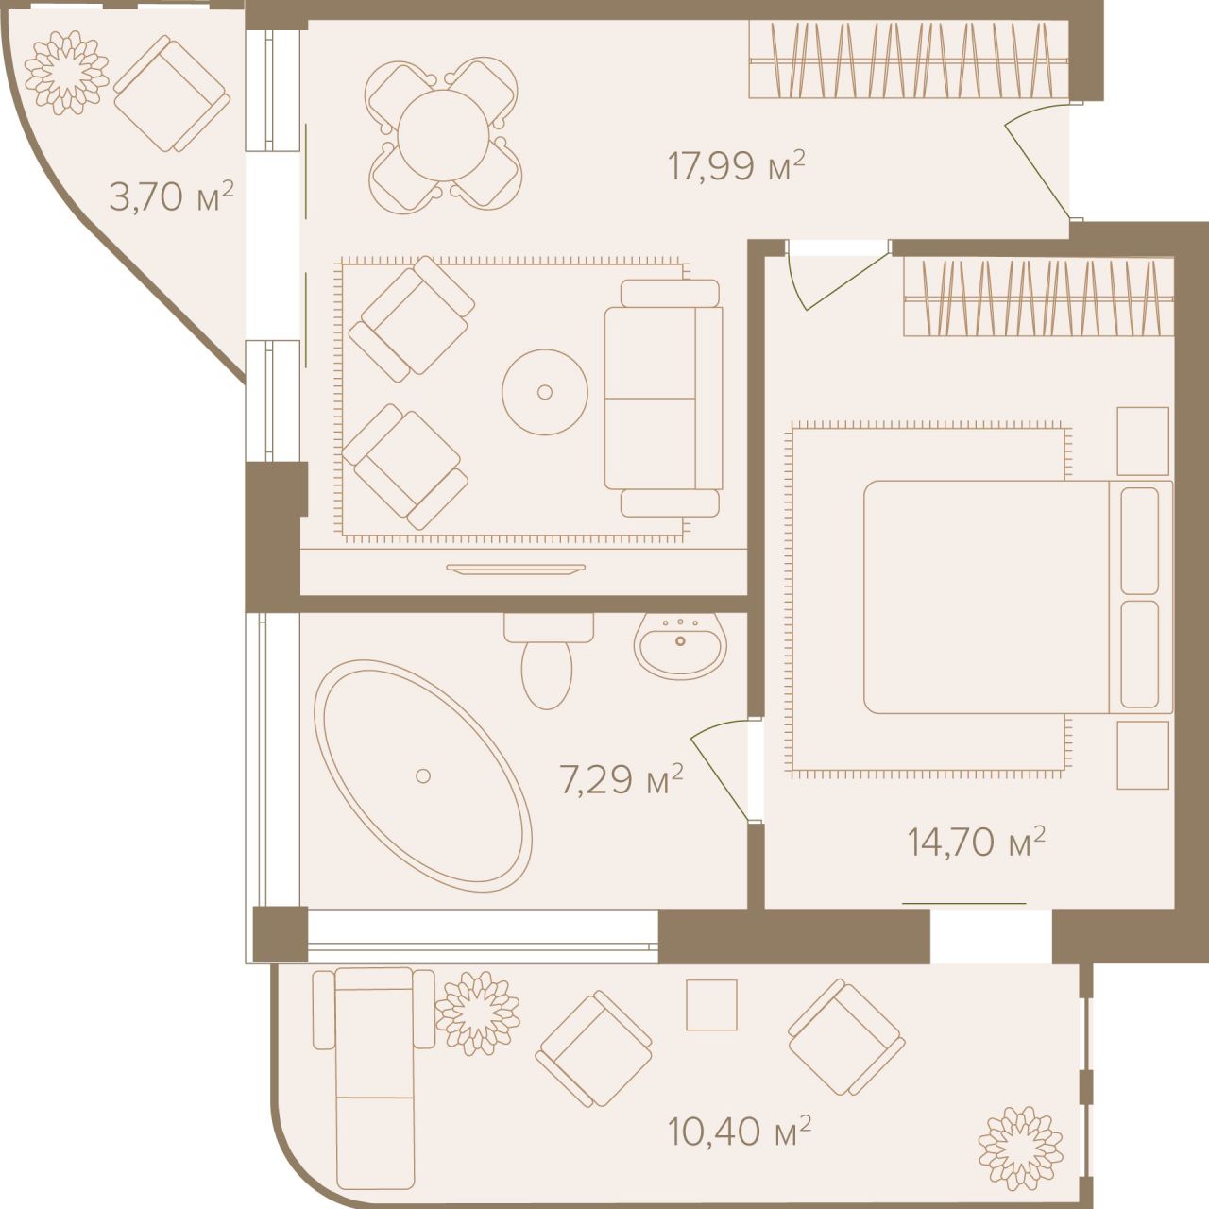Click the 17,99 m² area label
click(736, 166)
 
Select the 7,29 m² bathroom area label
click(621, 781)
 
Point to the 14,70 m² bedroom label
click(976, 841)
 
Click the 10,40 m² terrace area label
click(739, 1130)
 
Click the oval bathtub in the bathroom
click(422, 775)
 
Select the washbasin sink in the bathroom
click(679, 645)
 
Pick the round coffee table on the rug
click(544, 391)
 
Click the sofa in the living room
click(662, 399)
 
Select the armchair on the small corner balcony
click(171, 93)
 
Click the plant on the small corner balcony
click(67, 68)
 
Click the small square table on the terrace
click(710, 1004)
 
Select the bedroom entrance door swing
click(836, 274)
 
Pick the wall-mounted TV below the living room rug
click(516, 569)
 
